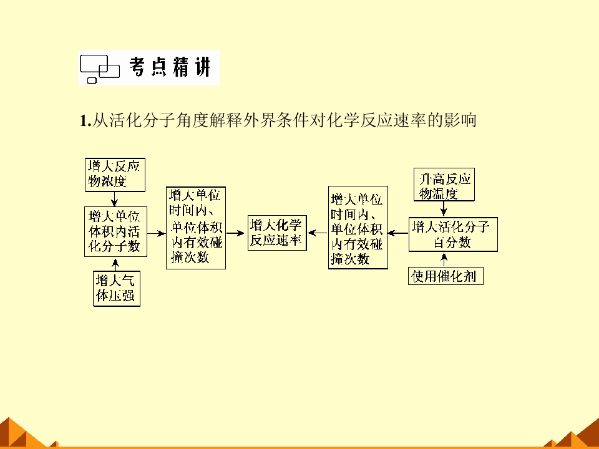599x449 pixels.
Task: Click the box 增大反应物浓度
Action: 115,175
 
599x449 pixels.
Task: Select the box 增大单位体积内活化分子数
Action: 116,232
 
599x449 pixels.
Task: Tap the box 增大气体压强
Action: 117,288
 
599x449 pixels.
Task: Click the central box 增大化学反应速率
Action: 277,233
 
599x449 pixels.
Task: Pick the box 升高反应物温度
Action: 444,185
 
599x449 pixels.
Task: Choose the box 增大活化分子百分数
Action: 453,234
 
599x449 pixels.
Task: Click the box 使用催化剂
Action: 446,276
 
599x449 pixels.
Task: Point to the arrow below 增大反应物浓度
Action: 114,199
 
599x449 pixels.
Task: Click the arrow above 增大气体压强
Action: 116,264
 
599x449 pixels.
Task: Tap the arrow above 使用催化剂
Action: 444,259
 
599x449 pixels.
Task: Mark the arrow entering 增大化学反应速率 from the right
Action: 318,233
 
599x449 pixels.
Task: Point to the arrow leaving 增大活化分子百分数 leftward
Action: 398,233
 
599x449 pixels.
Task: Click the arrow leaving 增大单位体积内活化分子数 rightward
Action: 157,233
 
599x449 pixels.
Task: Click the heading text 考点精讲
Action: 170,67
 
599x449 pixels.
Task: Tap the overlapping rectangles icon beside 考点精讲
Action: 100,69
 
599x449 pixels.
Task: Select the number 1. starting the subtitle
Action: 85,120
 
